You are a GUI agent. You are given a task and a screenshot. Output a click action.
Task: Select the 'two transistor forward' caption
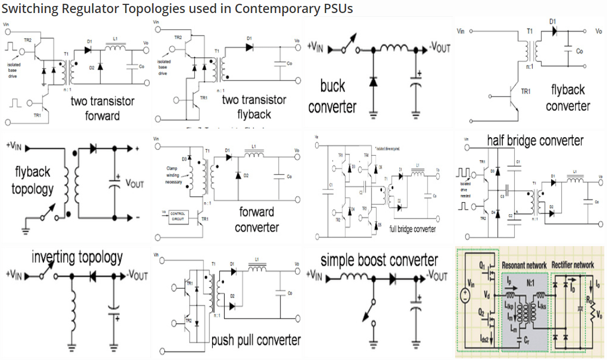point(103,108)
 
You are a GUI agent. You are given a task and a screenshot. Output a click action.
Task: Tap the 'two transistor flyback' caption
point(254,107)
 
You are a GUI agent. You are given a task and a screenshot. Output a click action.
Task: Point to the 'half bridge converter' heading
point(535,141)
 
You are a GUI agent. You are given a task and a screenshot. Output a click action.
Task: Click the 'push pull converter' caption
point(255,340)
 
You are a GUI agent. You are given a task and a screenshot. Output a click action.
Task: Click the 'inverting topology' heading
point(77,257)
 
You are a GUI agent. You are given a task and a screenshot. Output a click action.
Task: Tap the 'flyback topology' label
point(33,181)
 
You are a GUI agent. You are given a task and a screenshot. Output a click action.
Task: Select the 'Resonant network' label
point(524,265)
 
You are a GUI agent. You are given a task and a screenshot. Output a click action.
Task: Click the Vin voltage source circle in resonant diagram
point(465,297)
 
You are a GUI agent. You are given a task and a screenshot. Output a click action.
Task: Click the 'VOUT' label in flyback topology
point(135,183)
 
